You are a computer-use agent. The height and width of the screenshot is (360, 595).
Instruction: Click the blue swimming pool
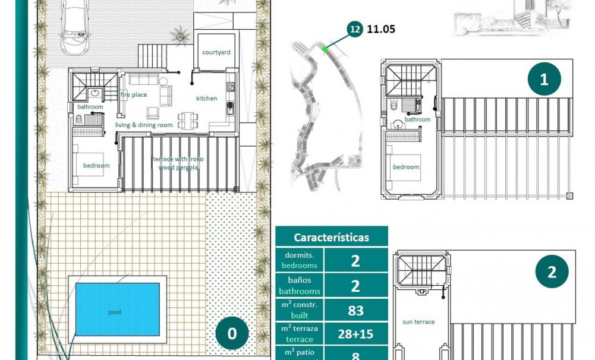(x=117, y=308)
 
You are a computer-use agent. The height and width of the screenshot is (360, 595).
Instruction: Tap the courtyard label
(x=216, y=52)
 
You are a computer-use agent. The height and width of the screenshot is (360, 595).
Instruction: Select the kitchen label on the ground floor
(x=207, y=98)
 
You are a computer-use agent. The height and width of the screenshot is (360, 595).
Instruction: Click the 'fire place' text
(x=134, y=94)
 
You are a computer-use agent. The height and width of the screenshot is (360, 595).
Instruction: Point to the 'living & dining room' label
(x=144, y=125)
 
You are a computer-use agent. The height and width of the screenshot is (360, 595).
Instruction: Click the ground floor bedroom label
(x=96, y=165)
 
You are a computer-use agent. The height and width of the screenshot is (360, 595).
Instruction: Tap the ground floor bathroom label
(x=90, y=107)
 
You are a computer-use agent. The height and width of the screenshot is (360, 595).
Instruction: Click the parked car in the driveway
(x=74, y=24)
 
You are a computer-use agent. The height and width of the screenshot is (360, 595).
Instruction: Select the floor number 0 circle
(x=232, y=333)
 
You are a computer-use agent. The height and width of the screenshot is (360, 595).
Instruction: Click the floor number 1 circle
(x=544, y=80)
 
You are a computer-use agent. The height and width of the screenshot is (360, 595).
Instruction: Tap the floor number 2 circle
(x=552, y=272)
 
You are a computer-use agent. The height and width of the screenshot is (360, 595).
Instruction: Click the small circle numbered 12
(x=355, y=29)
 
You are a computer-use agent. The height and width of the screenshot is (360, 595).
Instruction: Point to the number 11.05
(x=381, y=29)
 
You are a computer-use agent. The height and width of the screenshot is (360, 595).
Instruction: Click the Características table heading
(x=331, y=237)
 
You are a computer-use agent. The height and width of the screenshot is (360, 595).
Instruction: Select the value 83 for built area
(x=355, y=310)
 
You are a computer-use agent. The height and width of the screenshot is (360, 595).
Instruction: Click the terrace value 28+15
(x=355, y=334)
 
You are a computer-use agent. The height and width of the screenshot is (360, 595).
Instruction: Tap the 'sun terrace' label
(x=418, y=322)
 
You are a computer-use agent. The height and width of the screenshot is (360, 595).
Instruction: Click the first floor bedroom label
(x=406, y=167)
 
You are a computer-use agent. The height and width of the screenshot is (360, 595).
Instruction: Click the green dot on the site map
(x=325, y=49)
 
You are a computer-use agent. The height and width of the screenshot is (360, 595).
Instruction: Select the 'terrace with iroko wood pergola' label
(x=178, y=163)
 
